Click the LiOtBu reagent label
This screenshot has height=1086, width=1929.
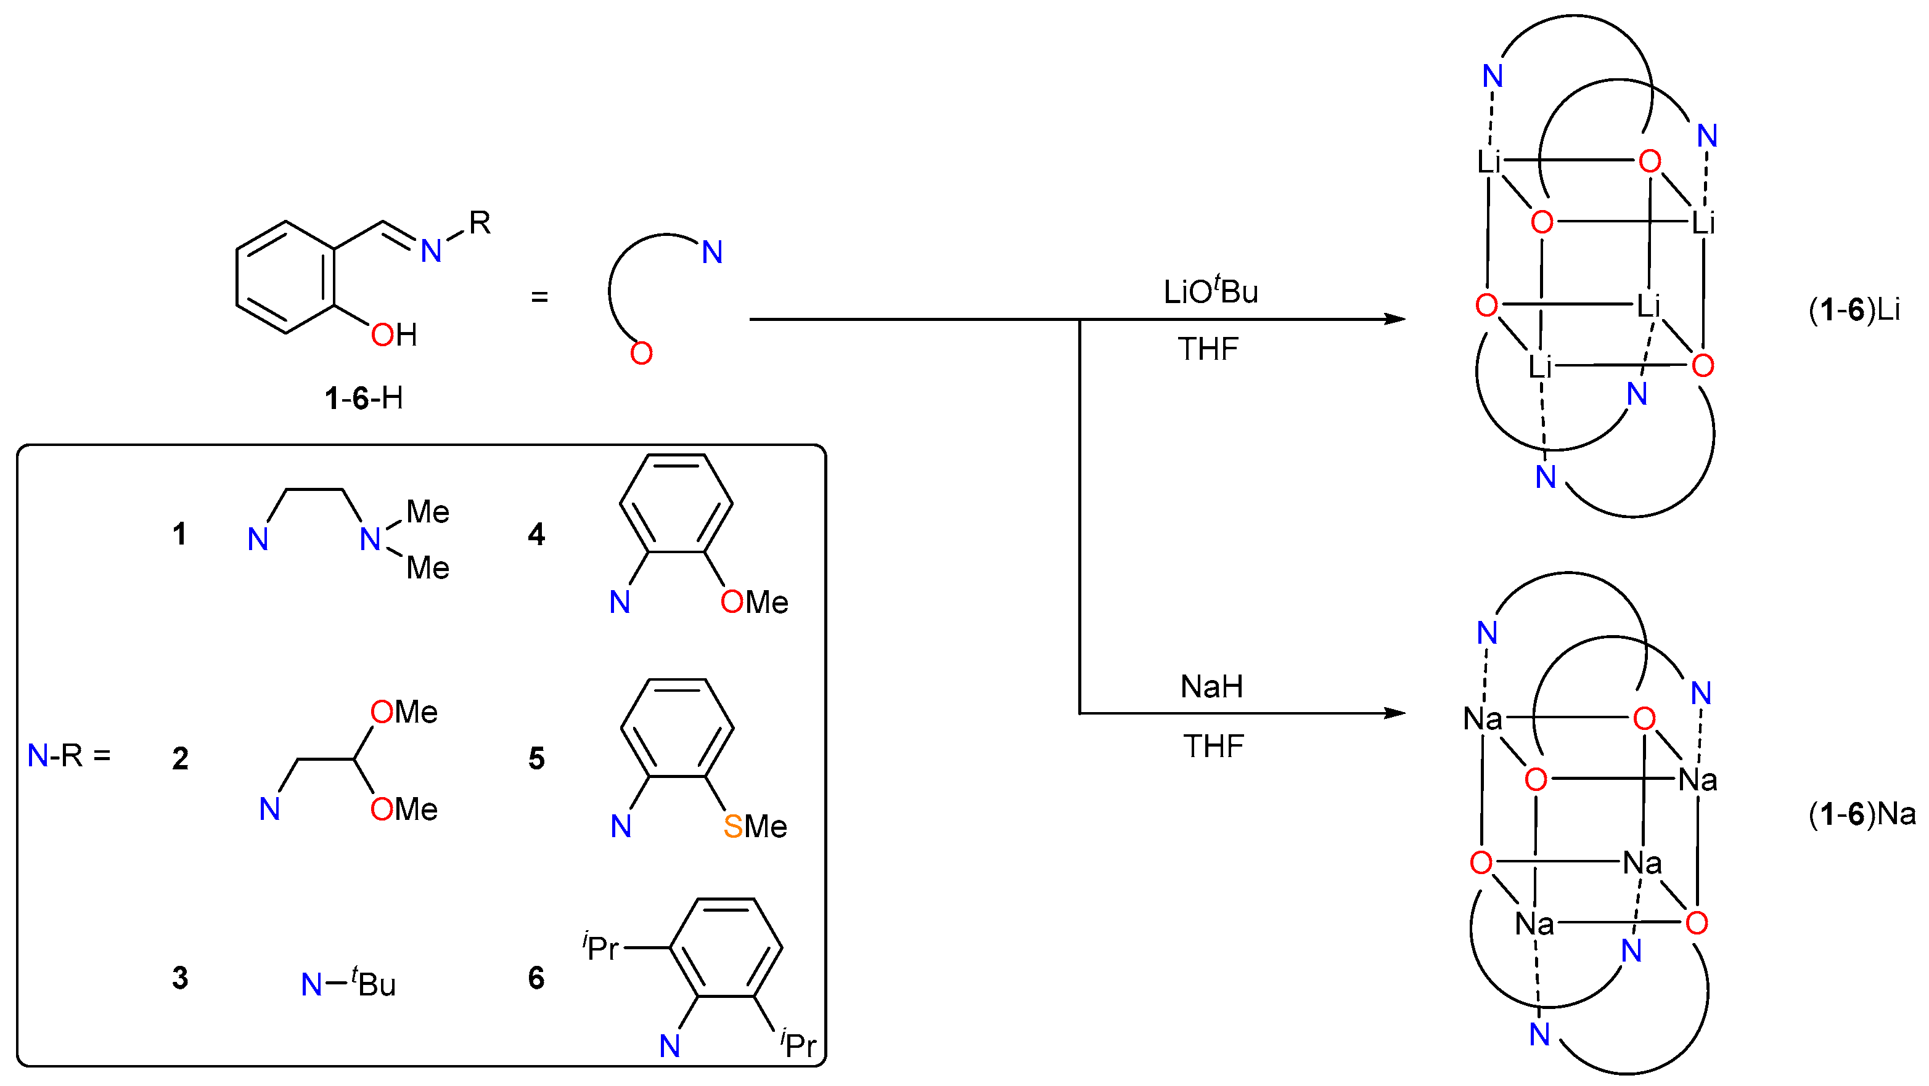(1210, 291)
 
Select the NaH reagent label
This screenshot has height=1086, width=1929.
(1211, 686)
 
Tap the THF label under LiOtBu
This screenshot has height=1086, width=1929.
(1208, 349)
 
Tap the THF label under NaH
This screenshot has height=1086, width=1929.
(1213, 746)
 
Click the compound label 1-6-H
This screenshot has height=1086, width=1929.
(364, 398)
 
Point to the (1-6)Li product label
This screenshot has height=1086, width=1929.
(1854, 310)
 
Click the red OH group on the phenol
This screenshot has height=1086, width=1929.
(394, 334)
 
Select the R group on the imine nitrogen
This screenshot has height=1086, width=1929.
(480, 222)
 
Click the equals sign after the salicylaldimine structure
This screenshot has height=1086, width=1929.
(539, 297)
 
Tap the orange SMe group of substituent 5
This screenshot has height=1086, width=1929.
(755, 826)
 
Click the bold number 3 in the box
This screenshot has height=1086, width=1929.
(180, 978)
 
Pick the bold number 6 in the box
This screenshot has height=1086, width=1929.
(536, 978)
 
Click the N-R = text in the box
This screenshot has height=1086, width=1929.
(69, 756)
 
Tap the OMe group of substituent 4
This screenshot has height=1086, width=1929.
(754, 602)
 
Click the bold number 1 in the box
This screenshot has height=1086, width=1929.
(179, 533)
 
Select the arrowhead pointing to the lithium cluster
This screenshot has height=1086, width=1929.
(1394, 320)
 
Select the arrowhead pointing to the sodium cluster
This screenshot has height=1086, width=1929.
(1394, 713)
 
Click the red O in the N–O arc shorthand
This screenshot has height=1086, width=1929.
(641, 353)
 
